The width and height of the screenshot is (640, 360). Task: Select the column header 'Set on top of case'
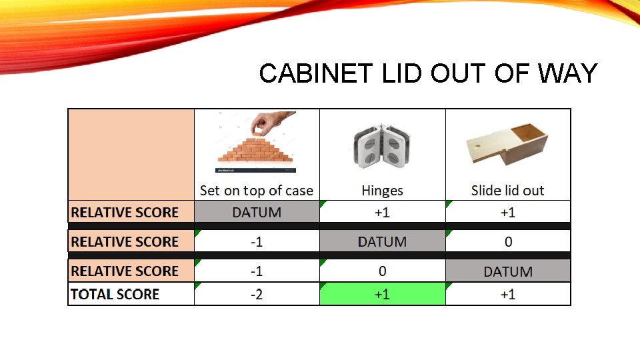pos(257,191)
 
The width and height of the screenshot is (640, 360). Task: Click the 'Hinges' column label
pos(382,191)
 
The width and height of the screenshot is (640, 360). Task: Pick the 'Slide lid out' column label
pos(507,191)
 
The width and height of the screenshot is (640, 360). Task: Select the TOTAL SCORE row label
pos(115,294)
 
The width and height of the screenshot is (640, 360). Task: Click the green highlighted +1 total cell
pos(382,294)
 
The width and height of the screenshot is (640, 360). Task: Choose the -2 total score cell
pos(257,294)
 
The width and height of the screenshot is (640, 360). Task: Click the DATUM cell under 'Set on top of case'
pos(257,213)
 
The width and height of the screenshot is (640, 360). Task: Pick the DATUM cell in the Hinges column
pos(382,241)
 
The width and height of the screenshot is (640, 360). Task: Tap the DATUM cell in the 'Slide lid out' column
pos(508,271)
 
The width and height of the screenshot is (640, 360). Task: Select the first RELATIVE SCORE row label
pos(125,213)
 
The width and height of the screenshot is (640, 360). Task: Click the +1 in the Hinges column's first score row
pos(382,213)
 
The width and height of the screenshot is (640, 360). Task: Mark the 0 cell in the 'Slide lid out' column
pos(508,241)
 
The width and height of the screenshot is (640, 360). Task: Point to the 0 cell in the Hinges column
pos(382,271)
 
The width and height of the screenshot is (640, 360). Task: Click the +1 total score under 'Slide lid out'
pos(508,294)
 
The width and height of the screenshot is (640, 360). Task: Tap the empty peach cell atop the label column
pos(131,154)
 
